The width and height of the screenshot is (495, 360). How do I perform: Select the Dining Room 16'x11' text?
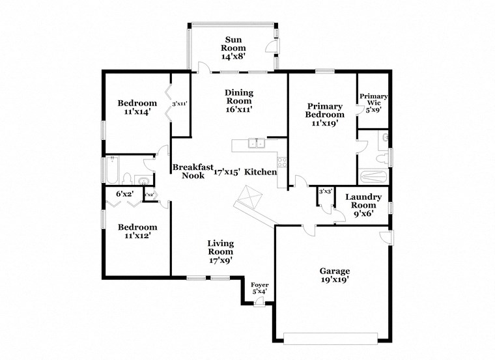(239, 101)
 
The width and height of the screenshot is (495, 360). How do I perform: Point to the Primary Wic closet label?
(373, 103)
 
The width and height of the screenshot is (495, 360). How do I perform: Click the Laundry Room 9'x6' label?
(363, 205)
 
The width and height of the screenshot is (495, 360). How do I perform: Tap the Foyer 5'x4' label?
(260, 288)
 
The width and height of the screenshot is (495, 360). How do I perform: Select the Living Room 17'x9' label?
(220, 251)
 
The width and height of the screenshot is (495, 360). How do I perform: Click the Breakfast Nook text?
(193, 171)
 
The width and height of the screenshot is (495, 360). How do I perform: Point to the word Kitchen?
(261, 172)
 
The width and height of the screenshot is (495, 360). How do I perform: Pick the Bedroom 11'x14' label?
(137, 107)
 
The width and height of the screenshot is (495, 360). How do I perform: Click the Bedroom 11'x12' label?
(137, 231)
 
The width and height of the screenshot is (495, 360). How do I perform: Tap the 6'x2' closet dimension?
(124, 193)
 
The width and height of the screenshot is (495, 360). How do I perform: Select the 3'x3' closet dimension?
(326, 191)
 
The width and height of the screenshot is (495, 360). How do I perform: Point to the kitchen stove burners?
(282, 161)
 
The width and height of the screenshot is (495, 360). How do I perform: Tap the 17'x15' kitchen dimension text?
(227, 172)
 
